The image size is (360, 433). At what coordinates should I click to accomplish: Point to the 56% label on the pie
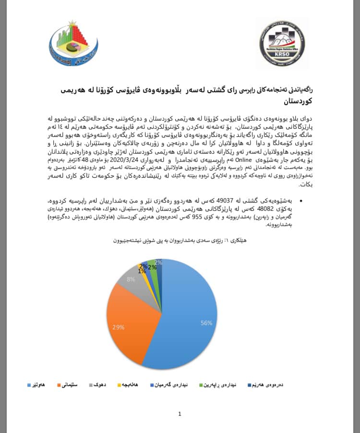point(206,323)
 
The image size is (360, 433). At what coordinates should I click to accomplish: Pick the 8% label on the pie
point(131,278)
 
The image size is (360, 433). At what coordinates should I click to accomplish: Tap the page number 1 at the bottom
point(180,414)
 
